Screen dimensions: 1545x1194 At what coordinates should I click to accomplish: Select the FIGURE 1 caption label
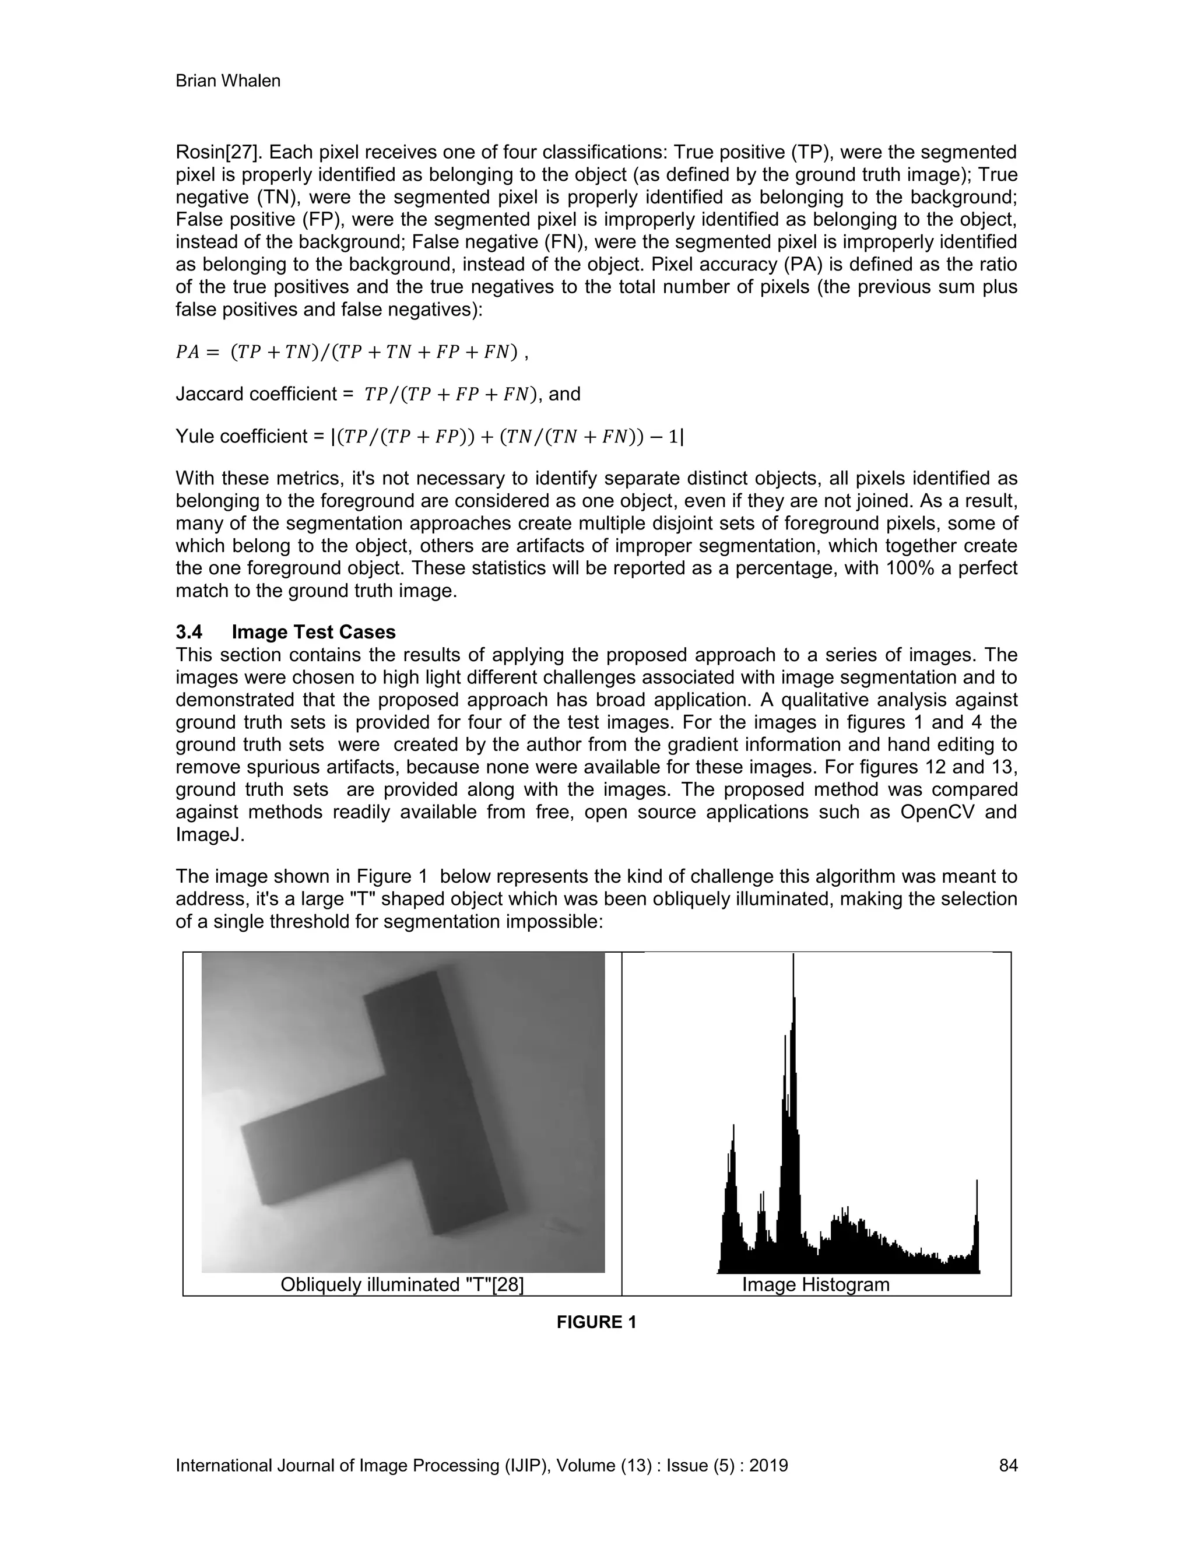tap(596, 1322)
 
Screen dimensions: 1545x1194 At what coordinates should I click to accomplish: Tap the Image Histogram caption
tap(815, 1284)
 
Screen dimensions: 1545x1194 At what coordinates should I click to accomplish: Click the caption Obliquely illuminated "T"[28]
tap(402, 1284)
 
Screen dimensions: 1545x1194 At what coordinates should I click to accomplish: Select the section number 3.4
tap(189, 632)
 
